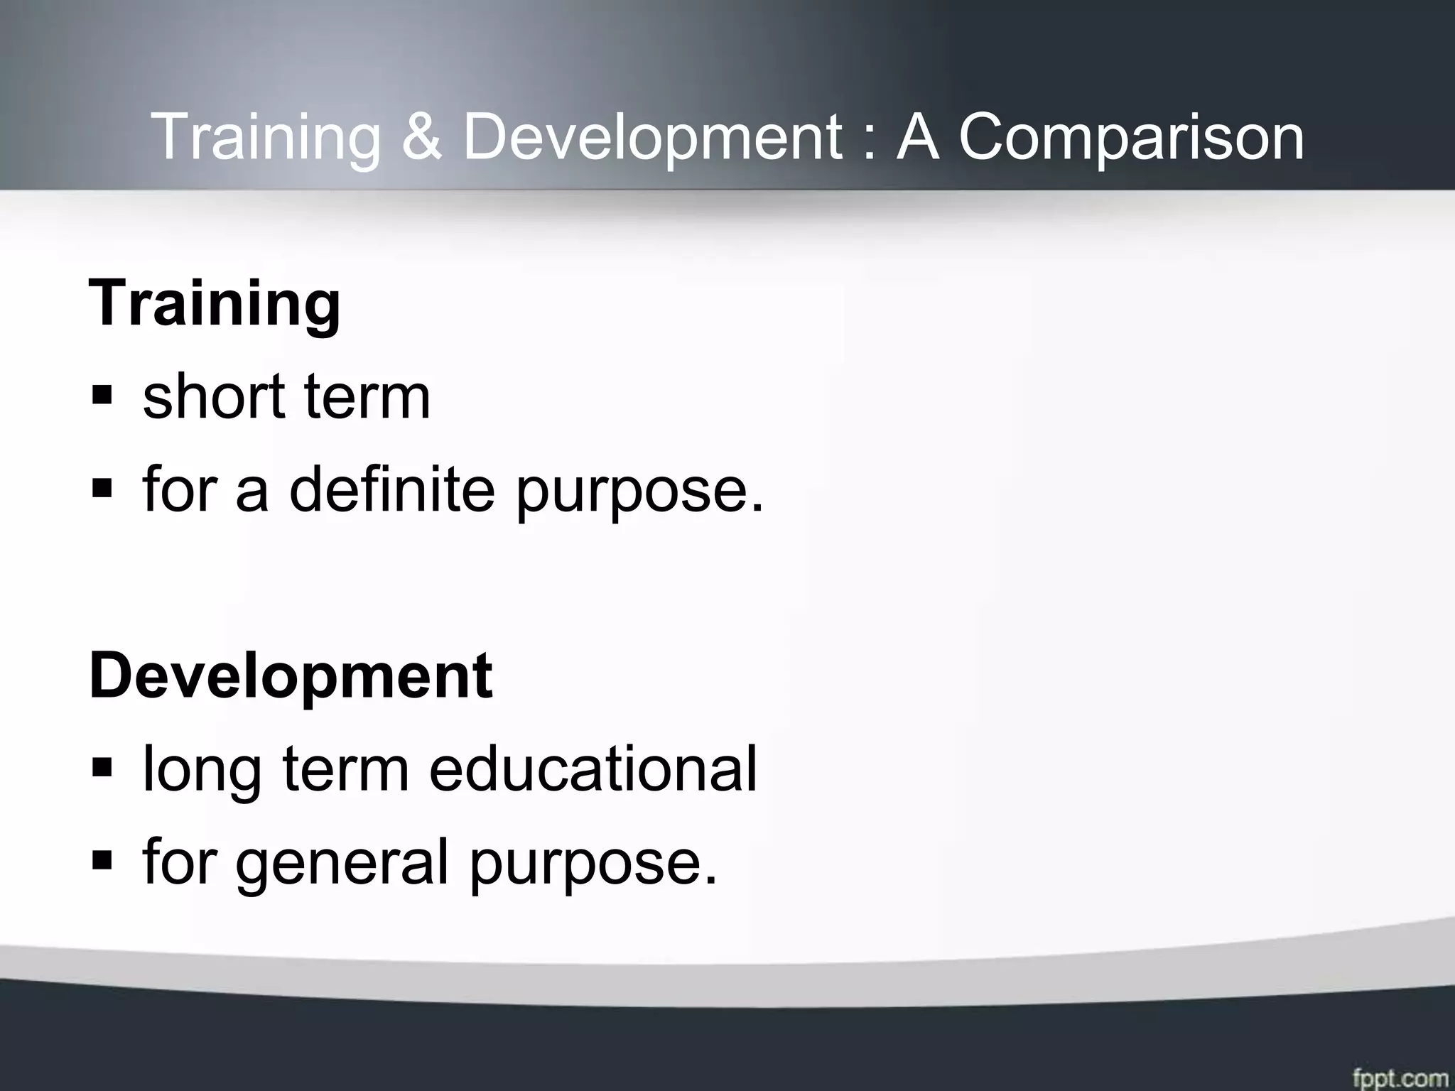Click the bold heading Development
click(x=291, y=677)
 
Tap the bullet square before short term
click(x=102, y=395)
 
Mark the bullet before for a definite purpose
click(x=102, y=488)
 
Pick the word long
click(x=201, y=771)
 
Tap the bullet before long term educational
click(x=102, y=767)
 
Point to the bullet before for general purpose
click(x=102, y=860)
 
